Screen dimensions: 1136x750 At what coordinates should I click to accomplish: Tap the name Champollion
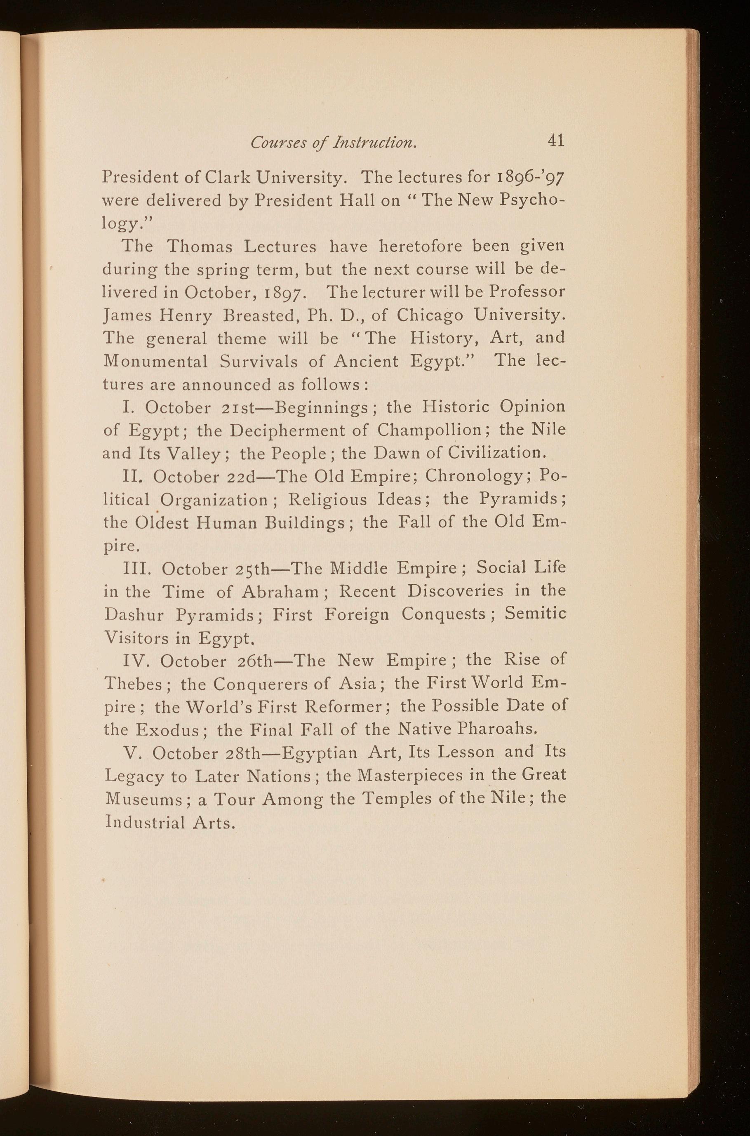coord(428,429)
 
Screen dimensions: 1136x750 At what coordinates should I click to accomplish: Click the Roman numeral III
coord(138,569)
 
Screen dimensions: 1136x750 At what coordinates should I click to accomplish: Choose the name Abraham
coord(280,592)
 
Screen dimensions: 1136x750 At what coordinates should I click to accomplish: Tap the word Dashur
coord(134,615)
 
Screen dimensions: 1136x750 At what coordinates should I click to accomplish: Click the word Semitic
coord(535,614)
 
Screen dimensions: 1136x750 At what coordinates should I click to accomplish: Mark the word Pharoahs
coord(497,729)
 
